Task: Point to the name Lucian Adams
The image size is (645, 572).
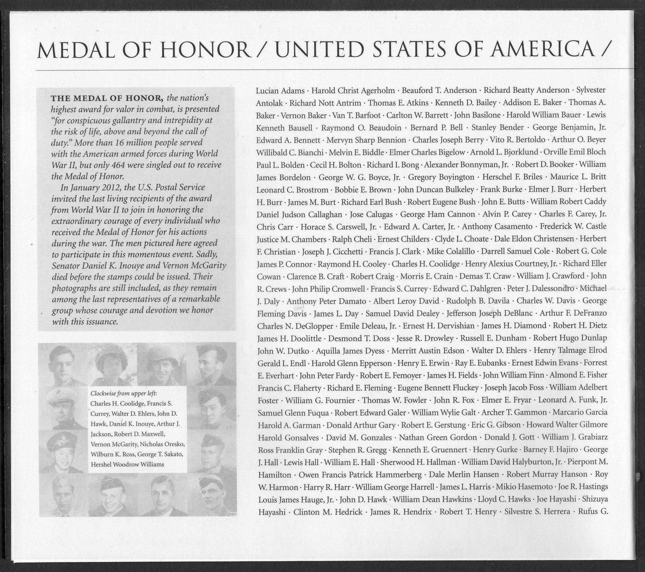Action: [x=280, y=91]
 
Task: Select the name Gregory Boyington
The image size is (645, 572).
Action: [x=441, y=177]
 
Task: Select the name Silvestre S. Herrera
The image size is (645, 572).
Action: [x=537, y=512]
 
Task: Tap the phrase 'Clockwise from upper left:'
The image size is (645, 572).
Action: [x=124, y=393]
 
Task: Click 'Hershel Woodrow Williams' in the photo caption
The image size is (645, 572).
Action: [x=127, y=464]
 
